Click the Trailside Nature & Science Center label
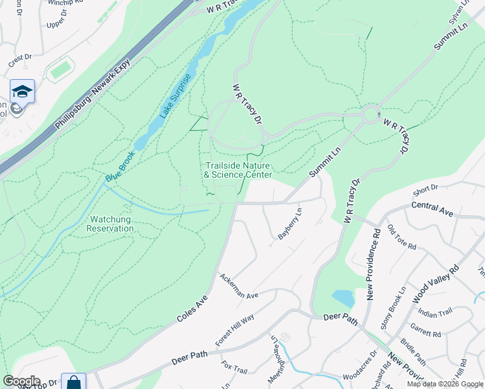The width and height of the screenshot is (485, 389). tap(238, 171)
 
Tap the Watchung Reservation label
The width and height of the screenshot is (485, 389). tap(110, 224)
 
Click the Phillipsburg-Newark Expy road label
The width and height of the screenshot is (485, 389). tap(93, 93)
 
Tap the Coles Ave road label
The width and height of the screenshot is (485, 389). tap(191, 310)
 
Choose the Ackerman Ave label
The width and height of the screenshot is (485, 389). tap(239, 286)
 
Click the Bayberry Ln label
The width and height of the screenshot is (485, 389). tap(290, 224)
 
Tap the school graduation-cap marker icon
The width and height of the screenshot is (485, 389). tap(22, 91)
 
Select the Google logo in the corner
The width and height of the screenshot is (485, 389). tap(21, 381)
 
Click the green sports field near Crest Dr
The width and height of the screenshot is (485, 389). tap(60, 69)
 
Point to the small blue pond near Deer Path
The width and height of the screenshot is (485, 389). tap(343, 298)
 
